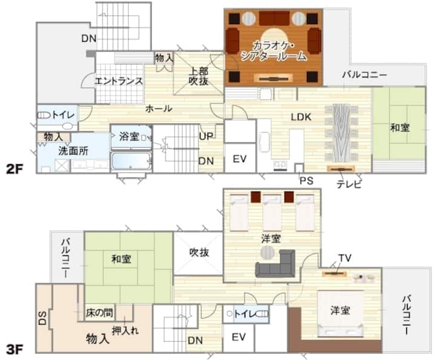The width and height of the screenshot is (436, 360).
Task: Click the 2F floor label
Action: click(15, 168)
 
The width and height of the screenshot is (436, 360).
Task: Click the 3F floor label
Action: click(15, 350)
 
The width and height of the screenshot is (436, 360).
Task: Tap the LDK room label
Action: click(301, 117)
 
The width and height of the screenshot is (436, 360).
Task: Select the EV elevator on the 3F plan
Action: click(239, 338)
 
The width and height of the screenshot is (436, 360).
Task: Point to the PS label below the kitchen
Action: click(306, 181)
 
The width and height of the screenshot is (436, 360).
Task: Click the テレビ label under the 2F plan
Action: click(349, 184)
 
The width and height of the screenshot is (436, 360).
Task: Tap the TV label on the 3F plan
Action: click(345, 258)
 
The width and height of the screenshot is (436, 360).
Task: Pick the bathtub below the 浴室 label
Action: click(131, 161)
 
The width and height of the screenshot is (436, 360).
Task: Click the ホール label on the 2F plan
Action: click(159, 108)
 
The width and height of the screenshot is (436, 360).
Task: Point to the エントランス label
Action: click(119, 81)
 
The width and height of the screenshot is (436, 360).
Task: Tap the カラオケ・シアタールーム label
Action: click(274, 51)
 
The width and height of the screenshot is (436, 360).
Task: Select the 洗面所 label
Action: click(73, 151)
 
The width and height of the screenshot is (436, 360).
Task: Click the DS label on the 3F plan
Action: click(42, 318)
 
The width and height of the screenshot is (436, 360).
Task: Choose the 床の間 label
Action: click(99, 313)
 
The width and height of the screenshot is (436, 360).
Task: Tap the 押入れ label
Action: click(125, 331)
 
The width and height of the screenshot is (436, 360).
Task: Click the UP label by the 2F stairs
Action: click(206, 136)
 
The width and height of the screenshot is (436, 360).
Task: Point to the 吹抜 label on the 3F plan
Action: click(199, 252)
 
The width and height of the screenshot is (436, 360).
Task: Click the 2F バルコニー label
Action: click(365, 75)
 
